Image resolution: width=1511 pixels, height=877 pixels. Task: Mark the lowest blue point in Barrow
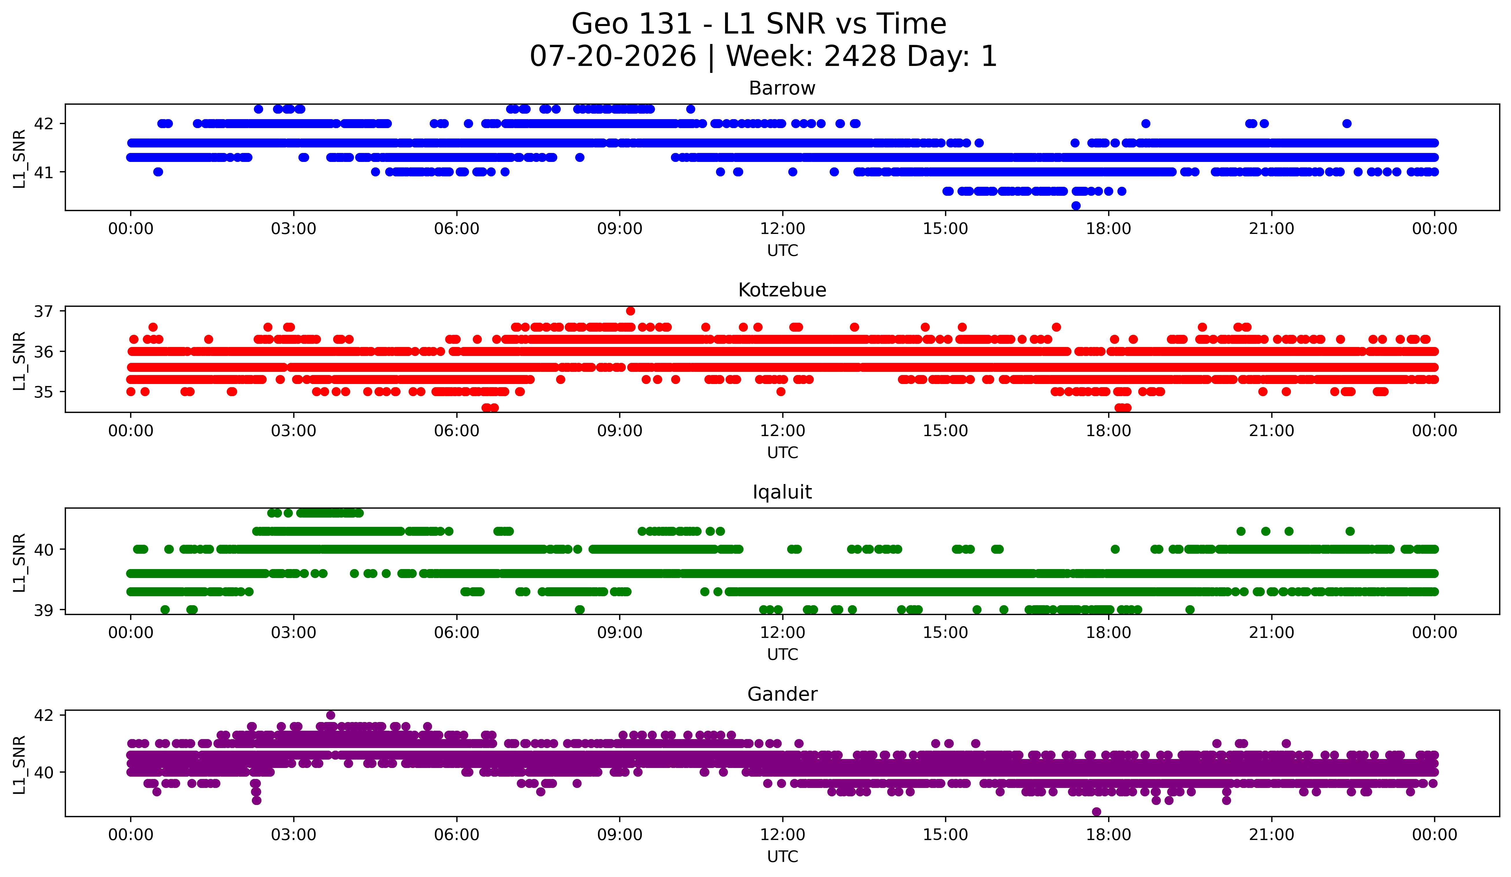pyautogui.click(x=1076, y=206)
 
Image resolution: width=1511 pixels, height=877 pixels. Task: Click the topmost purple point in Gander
pyautogui.click(x=330, y=715)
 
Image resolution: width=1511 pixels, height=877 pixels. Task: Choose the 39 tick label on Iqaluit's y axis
pyautogui.click(x=43, y=610)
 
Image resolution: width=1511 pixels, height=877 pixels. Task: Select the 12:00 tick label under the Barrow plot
pyautogui.click(x=783, y=229)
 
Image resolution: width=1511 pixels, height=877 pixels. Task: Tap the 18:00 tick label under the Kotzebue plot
pyautogui.click(x=1109, y=431)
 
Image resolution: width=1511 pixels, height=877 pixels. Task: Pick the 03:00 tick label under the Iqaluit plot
pyautogui.click(x=294, y=633)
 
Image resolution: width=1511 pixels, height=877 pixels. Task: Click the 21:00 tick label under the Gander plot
pyautogui.click(x=1272, y=835)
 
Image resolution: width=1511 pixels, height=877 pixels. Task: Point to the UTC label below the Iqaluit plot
pyautogui.click(x=783, y=655)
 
